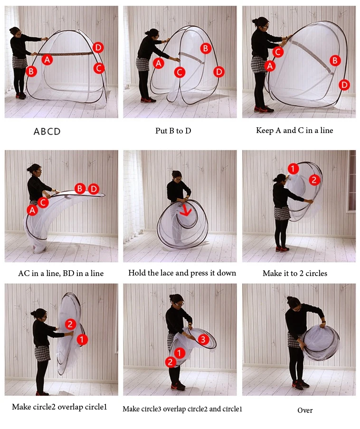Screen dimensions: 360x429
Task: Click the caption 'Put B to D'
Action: click(173, 131)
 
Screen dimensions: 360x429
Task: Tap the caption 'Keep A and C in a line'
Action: click(294, 130)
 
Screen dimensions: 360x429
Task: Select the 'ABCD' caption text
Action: click(47, 132)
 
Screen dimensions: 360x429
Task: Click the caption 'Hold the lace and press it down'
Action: click(182, 273)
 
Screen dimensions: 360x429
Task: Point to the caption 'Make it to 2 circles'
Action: click(295, 273)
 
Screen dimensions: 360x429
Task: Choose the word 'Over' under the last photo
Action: click(305, 410)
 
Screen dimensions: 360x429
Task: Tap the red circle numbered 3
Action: click(203, 339)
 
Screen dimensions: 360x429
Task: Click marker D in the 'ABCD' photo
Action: click(98, 48)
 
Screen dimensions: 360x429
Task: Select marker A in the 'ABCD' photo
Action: click(47, 59)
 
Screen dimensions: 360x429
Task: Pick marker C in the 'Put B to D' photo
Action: click(180, 72)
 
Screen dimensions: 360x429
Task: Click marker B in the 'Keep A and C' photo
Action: click(335, 60)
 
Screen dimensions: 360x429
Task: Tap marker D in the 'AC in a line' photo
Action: click(94, 189)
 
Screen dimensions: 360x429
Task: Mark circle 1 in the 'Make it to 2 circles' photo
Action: click(293, 169)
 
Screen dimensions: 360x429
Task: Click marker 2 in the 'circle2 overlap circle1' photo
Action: click(70, 324)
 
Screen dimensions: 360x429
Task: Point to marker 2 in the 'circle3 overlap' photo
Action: click(170, 362)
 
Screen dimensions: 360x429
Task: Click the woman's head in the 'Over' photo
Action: click(294, 303)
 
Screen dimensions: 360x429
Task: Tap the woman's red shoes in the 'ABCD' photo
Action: click(20, 96)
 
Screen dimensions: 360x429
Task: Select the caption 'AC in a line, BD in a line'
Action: click(61, 273)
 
